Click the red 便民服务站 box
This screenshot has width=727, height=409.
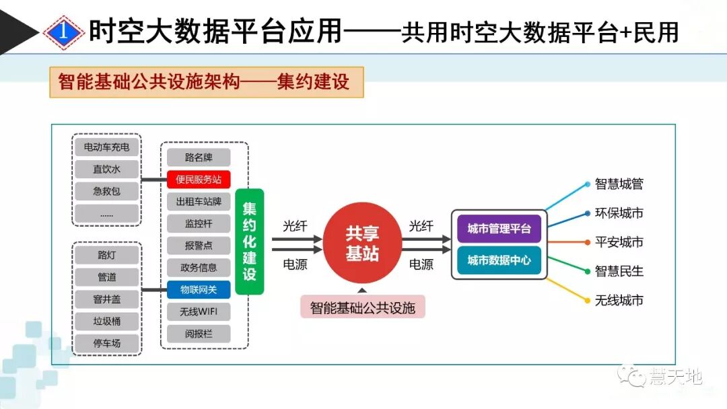tap(199, 180)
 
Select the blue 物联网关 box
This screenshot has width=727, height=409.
tap(199, 290)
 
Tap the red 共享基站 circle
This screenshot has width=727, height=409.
tap(362, 243)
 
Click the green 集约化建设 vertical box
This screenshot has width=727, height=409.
tap(250, 241)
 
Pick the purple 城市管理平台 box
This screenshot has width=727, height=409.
tap(499, 229)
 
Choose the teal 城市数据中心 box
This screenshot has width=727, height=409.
tap(499, 260)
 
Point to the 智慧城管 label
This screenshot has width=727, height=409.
tap(619, 184)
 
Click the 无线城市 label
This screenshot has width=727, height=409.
tap(619, 300)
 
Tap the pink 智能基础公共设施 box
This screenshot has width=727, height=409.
tap(362, 308)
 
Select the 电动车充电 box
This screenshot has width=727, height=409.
tap(106, 147)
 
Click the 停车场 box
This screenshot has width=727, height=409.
tap(106, 343)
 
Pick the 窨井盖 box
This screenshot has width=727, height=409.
tap(106, 299)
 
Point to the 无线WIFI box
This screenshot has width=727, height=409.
tap(199, 311)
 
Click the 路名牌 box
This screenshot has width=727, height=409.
tap(199, 157)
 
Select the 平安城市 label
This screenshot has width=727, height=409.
tap(619, 242)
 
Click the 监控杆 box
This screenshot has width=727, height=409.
tap(199, 223)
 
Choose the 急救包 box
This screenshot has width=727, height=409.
tap(106, 191)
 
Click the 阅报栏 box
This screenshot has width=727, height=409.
tap(199, 334)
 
